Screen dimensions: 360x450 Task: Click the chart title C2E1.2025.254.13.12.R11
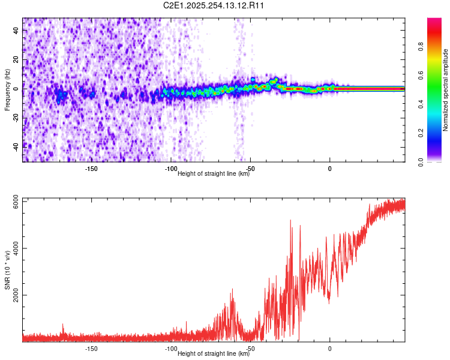[x=214, y=5]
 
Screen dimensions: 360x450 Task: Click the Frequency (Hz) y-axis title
[x=7, y=90]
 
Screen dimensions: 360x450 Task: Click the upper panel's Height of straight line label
[x=214, y=174]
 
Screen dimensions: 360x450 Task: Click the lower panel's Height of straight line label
[x=214, y=353]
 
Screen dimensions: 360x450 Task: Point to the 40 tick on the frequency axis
[x=17, y=32]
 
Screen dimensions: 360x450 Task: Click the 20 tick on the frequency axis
[x=17, y=60]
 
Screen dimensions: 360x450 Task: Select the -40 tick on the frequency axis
[x=17, y=145]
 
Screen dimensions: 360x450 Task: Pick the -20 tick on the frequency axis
[x=17, y=117]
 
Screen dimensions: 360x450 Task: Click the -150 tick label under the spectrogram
[x=91, y=169]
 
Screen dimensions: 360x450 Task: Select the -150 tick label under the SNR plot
[x=91, y=349]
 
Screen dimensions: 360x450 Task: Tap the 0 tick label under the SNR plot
[x=329, y=349]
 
